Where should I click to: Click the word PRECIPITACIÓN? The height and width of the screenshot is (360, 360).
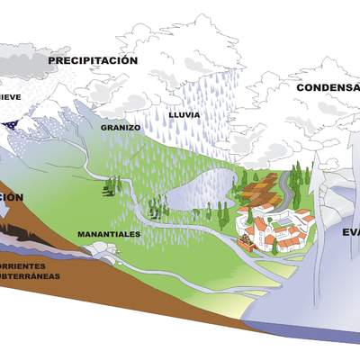pos(93,60)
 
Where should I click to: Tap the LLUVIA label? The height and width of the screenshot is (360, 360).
pos(184,114)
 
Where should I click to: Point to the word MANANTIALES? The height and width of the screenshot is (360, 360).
pos(109,234)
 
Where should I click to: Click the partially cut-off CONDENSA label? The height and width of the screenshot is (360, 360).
pos(328,87)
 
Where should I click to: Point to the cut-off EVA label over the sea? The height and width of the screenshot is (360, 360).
pos(350,231)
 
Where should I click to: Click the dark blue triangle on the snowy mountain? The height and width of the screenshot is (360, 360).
pos(11,123)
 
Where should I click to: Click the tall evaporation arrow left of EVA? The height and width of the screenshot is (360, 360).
pos(316,225)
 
